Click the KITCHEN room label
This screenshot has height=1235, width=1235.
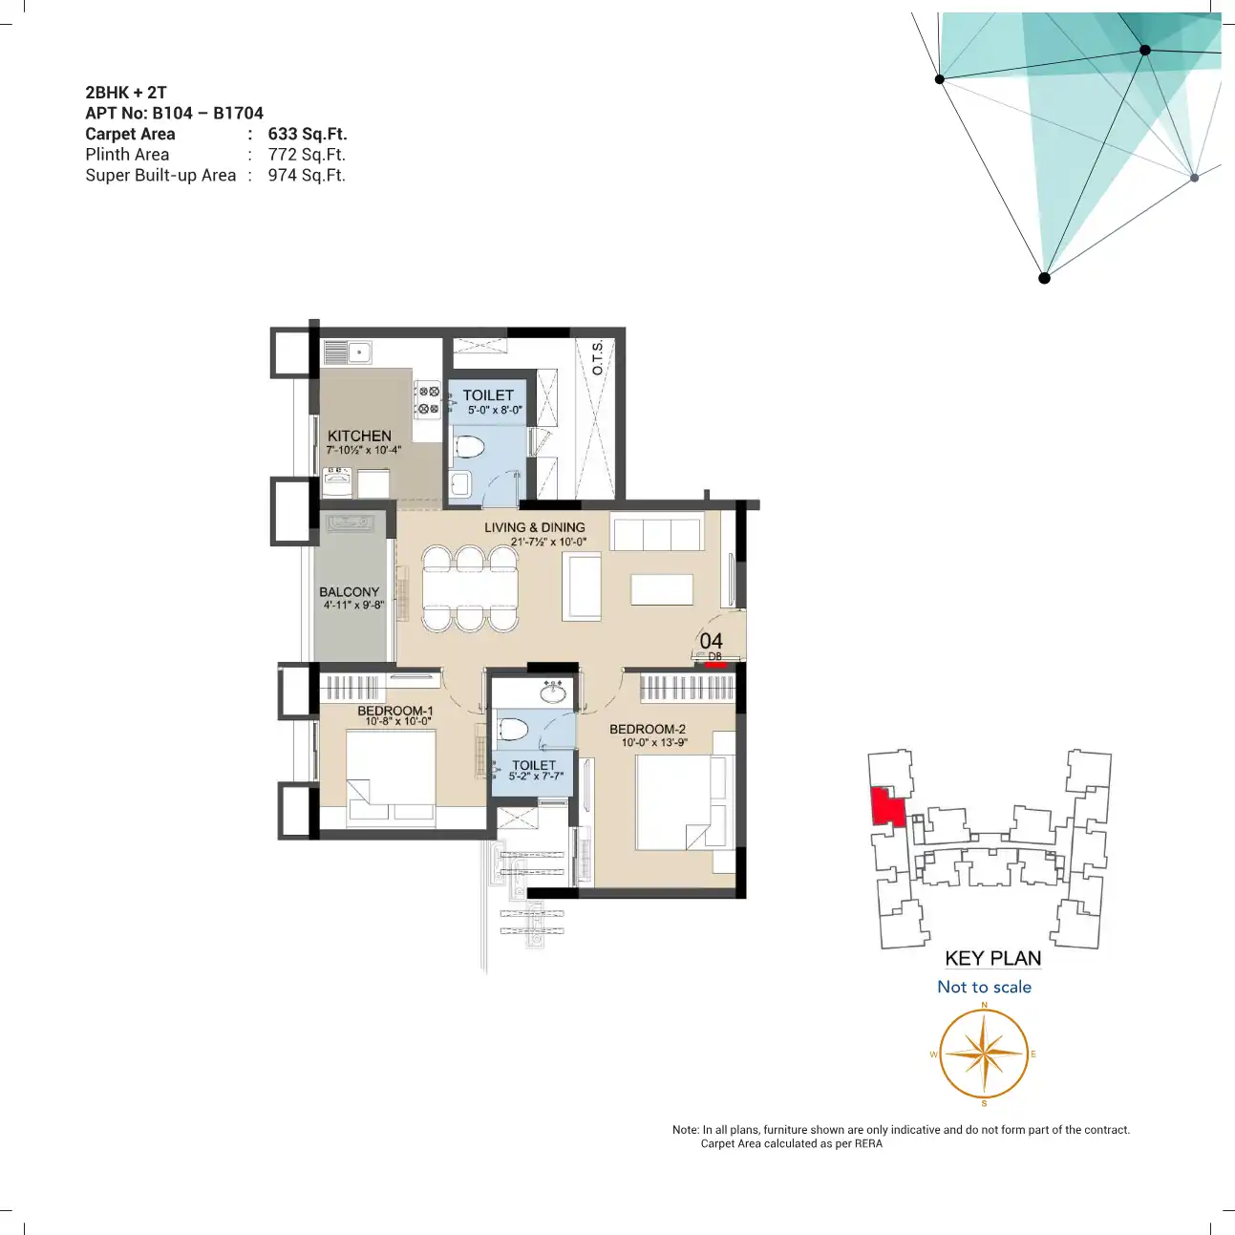[359, 436]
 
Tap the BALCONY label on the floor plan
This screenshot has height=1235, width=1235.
[350, 591]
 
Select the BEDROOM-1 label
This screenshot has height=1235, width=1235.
[395, 710]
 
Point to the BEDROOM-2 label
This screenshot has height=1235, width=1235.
[648, 729]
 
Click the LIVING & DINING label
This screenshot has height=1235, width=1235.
[535, 527]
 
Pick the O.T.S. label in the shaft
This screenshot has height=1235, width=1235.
[597, 358]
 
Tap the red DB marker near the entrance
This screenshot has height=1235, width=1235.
[715, 665]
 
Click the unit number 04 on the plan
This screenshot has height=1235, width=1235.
[711, 641]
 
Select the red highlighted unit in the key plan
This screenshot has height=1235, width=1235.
[887, 807]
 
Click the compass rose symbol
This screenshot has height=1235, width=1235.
[984, 1054]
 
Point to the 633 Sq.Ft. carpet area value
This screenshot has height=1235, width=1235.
[308, 134]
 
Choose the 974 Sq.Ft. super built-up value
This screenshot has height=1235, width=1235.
[307, 175]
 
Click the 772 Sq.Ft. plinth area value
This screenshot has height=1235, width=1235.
[307, 155]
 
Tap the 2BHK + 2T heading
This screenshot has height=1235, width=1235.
[126, 93]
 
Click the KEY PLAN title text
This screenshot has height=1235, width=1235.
[992, 959]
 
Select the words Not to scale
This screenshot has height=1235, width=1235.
[985, 987]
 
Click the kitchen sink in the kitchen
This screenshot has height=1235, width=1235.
[347, 352]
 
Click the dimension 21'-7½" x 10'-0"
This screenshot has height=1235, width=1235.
[548, 543]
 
